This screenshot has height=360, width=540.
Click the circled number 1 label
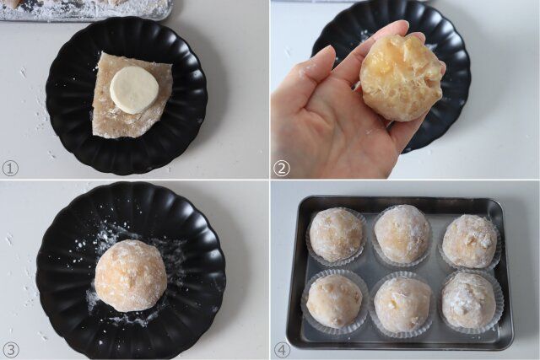(x=10, y=168)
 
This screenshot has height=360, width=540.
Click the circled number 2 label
(x=282, y=168)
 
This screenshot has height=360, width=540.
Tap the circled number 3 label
(x=10, y=349)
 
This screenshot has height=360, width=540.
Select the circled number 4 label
(x=282, y=349)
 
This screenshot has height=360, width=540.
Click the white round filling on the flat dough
(x=134, y=89)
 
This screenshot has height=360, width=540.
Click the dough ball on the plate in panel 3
(x=130, y=275)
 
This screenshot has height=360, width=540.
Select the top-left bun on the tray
(x=336, y=234)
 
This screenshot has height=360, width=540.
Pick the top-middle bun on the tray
(x=402, y=233)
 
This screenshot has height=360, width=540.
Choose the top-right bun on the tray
(x=470, y=240)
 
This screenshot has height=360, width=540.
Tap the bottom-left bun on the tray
(x=334, y=300)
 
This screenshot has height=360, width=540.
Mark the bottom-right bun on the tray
(x=468, y=300)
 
